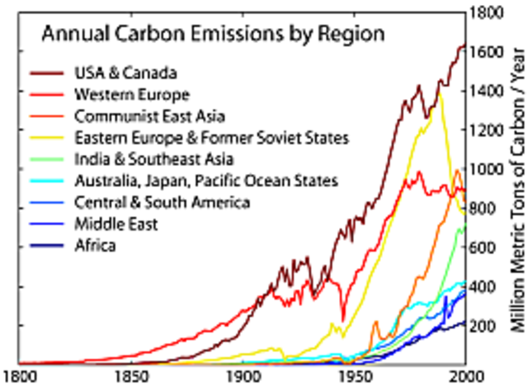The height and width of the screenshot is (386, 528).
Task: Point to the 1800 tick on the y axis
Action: [x=486, y=12]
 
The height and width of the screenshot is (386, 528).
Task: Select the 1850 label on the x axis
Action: [x=129, y=374]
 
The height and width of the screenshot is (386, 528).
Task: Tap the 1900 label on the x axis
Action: [x=242, y=374]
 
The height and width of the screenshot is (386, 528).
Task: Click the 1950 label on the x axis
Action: [x=353, y=374]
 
